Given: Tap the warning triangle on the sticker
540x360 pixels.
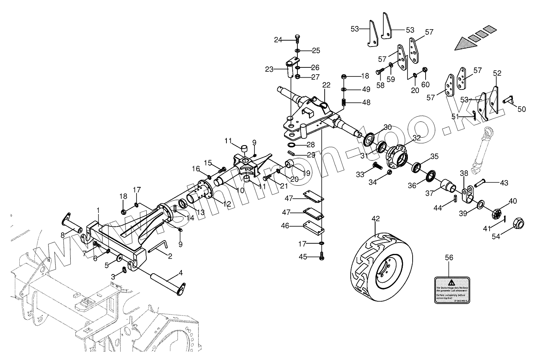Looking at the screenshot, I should [451, 282].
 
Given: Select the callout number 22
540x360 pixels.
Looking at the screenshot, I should [326, 86].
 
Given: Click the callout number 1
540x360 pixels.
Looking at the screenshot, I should [98, 210].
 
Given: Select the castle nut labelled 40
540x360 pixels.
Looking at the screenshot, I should [497, 215].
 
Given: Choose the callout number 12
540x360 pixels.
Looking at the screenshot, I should [227, 205].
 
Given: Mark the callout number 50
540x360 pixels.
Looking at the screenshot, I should [521, 109].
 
